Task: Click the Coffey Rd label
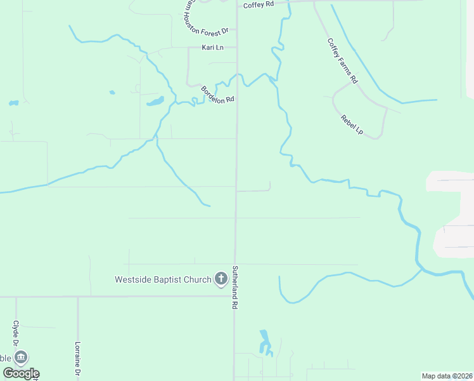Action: (258, 4)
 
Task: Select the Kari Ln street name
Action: (212, 48)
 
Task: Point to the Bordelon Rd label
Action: (218, 94)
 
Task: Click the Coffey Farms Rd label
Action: (343, 61)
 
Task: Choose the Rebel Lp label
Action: (352, 123)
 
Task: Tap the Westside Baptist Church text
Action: (162, 279)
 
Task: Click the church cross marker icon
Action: (221, 278)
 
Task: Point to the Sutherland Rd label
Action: (234, 287)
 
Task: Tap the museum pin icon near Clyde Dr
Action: (22, 358)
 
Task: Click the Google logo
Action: (20, 373)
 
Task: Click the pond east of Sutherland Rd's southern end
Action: (264, 342)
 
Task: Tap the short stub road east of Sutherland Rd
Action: (254, 190)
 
